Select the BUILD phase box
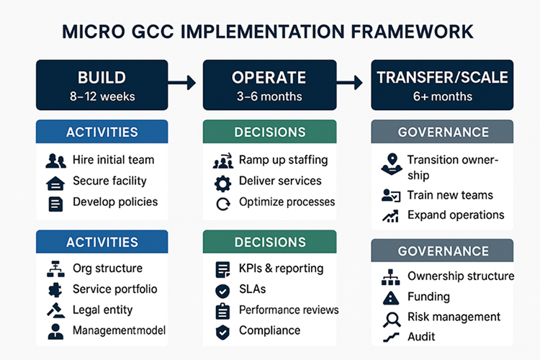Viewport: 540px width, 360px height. [x=102, y=86]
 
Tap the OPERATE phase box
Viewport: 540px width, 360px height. [x=269, y=86]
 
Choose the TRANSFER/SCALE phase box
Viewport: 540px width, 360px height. [x=442, y=86]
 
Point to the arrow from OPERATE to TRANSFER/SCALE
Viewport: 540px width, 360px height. [x=352, y=84]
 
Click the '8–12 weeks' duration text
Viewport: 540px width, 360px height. [x=102, y=96]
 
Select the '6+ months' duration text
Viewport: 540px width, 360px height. [x=442, y=96]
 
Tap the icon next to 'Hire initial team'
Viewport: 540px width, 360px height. [x=55, y=161]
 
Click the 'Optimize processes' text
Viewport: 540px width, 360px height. [x=287, y=202]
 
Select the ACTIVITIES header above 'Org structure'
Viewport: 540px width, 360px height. [x=102, y=242]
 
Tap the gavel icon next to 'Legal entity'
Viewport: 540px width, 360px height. [x=55, y=310]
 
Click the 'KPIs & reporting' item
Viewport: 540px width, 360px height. [x=281, y=269]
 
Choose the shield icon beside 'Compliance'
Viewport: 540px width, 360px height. [x=222, y=331]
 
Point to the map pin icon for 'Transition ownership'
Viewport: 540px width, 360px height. [x=391, y=163]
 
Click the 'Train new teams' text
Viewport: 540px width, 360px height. [x=449, y=195]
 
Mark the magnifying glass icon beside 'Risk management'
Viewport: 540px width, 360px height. [x=391, y=318]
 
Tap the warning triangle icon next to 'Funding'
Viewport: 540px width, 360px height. [x=391, y=297]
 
